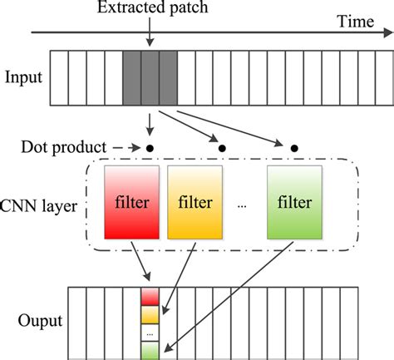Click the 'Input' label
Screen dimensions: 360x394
point(22,78)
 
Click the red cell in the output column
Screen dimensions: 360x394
point(149,296)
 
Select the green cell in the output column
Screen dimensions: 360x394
point(149,348)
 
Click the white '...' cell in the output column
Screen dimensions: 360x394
point(149,331)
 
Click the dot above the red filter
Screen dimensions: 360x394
point(150,148)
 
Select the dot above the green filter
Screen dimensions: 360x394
point(294,148)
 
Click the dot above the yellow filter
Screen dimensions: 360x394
point(222,148)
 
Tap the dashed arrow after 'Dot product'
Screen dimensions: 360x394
point(122,148)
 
